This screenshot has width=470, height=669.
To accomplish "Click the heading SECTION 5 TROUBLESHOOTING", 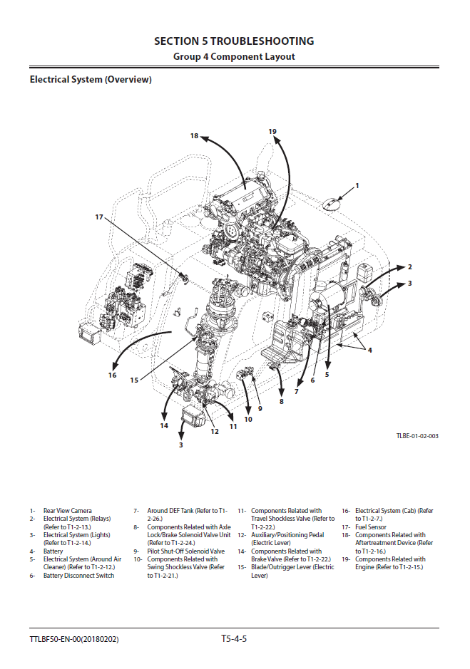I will (x=234, y=41).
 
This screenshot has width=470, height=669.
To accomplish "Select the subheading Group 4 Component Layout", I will (x=234, y=57).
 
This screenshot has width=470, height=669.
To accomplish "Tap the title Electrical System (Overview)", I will (x=91, y=80).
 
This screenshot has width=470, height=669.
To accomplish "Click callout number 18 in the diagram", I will (x=194, y=135).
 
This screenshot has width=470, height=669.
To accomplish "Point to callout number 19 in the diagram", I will (x=272, y=131).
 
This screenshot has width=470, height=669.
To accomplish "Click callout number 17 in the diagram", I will (x=99, y=217).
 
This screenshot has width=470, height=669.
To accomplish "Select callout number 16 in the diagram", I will (x=112, y=375).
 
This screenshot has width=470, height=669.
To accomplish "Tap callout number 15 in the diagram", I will (x=133, y=380).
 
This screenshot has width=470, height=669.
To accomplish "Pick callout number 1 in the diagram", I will (x=357, y=185).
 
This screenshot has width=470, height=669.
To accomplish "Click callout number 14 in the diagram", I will (x=164, y=426).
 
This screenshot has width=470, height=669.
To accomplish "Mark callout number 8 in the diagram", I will (x=281, y=402).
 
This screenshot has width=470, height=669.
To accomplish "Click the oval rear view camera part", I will (x=332, y=202).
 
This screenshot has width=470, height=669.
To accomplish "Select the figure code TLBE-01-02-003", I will (x=418, y=435).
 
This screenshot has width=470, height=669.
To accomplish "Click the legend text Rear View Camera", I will (x=67, y=511).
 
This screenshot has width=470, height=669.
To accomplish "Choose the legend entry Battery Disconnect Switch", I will (x=78, y=576).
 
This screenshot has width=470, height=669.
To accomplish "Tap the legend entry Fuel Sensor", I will (x=371, y=527).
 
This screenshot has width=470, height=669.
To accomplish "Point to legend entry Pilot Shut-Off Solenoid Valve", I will (x=185, y=551).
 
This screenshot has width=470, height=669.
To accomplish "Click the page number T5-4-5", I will (x=234, y=638).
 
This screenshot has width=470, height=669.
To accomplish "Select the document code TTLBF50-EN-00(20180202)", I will (x=74, y=639).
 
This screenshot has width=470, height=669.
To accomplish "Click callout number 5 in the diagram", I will (x=327, y=373).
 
